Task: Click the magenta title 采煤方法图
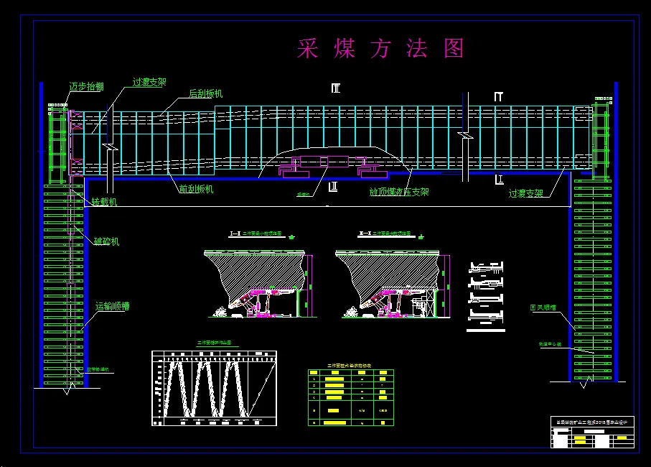coord(380,49)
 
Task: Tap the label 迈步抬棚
coord(86,87)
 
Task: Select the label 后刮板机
coord(206,93)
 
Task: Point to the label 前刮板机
coord(196,190)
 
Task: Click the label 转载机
coord(104,203)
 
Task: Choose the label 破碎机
coord(106,241)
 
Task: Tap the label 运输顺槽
coord(112,306)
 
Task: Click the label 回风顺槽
coord(544,308)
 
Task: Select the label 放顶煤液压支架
coord(399,193)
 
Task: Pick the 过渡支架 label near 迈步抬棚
coord(149,83)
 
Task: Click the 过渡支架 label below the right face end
coord(525,193)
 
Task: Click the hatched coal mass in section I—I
coord(258,273)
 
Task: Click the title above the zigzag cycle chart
coord(214,343)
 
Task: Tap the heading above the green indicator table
coord(350,366)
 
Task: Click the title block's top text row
coord(592,422)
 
